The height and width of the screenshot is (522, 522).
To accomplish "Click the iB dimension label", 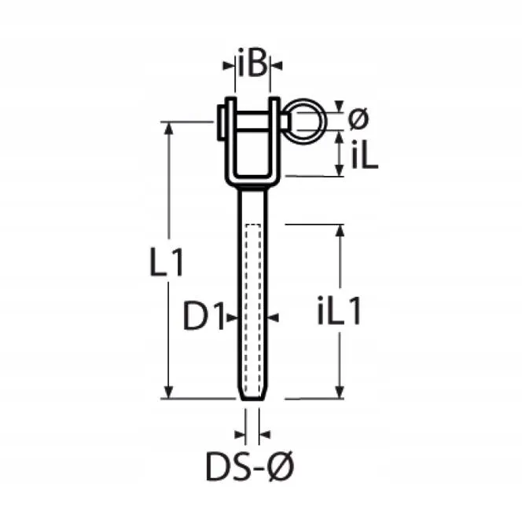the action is (x=253, y=64).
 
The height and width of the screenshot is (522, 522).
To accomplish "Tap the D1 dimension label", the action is (x=203, y=316).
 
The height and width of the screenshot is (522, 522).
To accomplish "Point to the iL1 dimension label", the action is (x=339, y=312).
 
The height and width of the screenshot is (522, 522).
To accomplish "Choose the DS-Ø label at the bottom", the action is (x=250, y=466).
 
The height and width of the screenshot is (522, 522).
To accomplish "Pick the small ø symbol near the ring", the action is (x=358, y=119).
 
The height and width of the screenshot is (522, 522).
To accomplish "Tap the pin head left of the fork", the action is (x=220, y=122).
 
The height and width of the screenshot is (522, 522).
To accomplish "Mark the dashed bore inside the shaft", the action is (x=253, y=309).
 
